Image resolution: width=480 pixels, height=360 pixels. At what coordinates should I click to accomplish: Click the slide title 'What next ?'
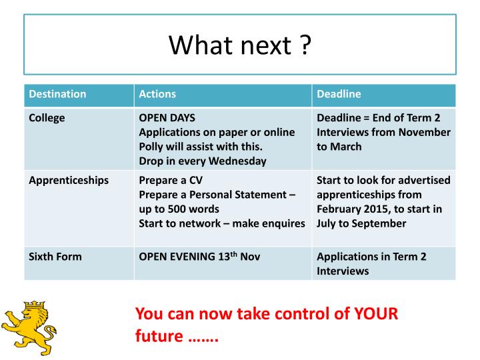click(x=239, y=45)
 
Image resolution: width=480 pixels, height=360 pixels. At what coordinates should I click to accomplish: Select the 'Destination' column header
click(x=57, y=94)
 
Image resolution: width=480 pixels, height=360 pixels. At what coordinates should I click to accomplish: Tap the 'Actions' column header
click(x=157, y=94)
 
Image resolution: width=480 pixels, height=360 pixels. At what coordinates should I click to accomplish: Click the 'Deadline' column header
click(x=339, y=94)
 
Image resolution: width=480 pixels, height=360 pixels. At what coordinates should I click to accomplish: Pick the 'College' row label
click(x=47, y=118)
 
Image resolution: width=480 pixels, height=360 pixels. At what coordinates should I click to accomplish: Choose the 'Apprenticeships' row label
click(x=69, y=180)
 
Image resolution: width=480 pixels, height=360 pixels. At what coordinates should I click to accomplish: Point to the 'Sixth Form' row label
click(x=55, y=256)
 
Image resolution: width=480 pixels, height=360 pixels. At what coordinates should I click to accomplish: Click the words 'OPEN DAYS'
click(x=167, y=118)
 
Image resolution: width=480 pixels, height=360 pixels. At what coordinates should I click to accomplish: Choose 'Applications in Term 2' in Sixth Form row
click(x=372, y=256)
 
